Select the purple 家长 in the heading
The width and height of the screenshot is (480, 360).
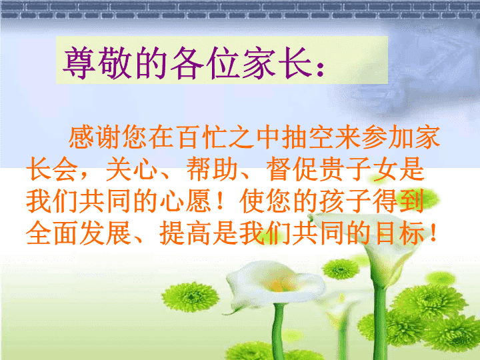(x=277, y=63)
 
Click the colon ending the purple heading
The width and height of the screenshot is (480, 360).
(x=320, y=69)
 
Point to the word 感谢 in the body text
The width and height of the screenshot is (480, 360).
(x=94, y=137)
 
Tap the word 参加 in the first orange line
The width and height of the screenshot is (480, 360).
(x=387, y=137)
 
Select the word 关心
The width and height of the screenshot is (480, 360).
(x=131, y=169)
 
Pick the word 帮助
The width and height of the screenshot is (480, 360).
(x=212, y=169)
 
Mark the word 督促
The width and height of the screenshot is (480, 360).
(x=293, y=169)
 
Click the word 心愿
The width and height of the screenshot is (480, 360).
(x=185, y=201)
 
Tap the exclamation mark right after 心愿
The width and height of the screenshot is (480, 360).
(x=220, y=201)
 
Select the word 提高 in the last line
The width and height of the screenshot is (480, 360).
(x=185, y=233)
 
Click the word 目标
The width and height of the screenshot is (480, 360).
(x=400, y=233)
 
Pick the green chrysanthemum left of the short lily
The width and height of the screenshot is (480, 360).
(x=191, y=297)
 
